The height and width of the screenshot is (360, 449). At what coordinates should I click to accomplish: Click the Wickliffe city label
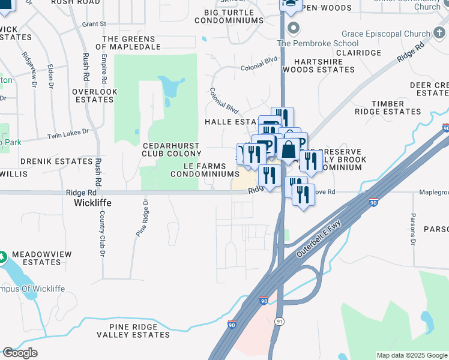[92, 203]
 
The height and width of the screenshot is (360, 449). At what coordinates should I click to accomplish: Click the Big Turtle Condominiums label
[234, 16]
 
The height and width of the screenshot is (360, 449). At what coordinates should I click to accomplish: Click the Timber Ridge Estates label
[388, 108]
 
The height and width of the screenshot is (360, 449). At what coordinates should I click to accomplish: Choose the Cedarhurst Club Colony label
[172, 149]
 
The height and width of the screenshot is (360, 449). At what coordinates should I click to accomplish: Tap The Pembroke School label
[318, 43]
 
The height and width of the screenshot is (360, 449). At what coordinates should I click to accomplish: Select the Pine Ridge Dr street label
[142, 218]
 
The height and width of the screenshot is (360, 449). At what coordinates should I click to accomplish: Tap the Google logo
[20, 353]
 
